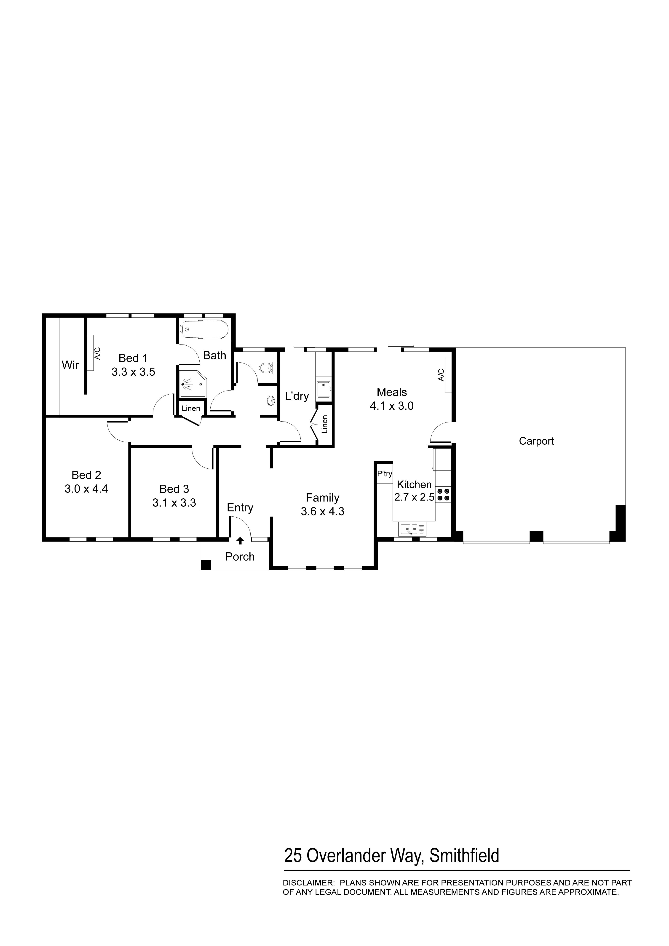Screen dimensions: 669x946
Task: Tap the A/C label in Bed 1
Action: pos(97,353)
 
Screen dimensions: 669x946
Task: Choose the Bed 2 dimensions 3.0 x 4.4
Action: pos(86,489)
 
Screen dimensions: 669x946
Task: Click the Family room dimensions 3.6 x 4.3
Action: pos(323,512)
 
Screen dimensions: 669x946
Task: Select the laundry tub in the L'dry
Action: pos(324,389)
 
